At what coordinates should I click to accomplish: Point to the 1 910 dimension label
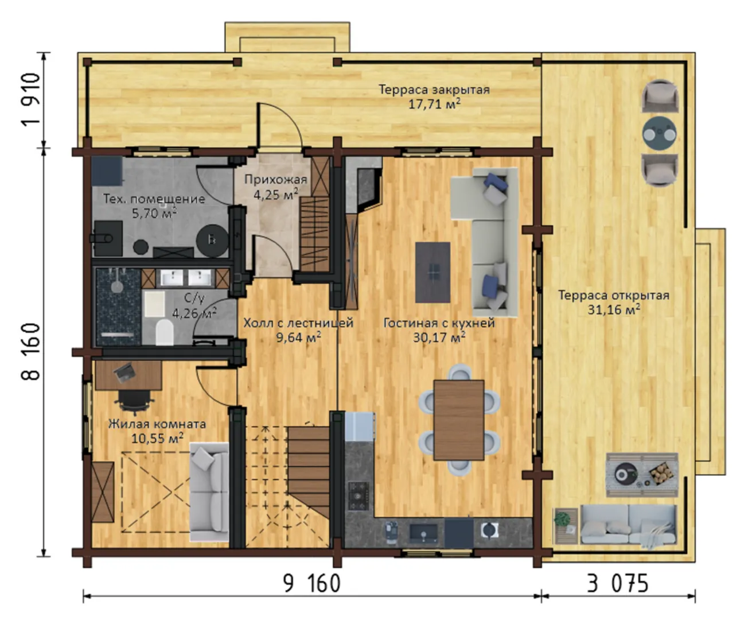coord(31,100)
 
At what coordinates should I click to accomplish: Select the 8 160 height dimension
coord(31,351)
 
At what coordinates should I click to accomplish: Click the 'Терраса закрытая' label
coord(434,90)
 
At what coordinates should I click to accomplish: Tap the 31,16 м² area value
coord(614,309)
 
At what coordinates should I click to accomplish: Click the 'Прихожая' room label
coord(275,179)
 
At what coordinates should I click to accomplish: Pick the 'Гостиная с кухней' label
coord(439,323)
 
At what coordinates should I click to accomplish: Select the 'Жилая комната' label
coord(157,424)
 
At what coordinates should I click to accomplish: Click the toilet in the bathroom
coord(164,332)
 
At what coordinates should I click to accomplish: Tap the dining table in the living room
coord(458,420)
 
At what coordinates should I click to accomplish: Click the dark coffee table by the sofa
coord(433,273)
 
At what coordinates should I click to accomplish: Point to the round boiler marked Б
coord(212,241)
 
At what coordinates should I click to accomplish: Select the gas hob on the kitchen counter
coord(359,495)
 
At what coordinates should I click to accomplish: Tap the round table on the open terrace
coord(660,133)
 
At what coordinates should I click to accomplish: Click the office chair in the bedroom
coord(134,401)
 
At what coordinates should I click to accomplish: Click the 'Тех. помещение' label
coord(154,199)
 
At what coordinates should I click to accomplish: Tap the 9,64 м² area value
coord(299,337)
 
